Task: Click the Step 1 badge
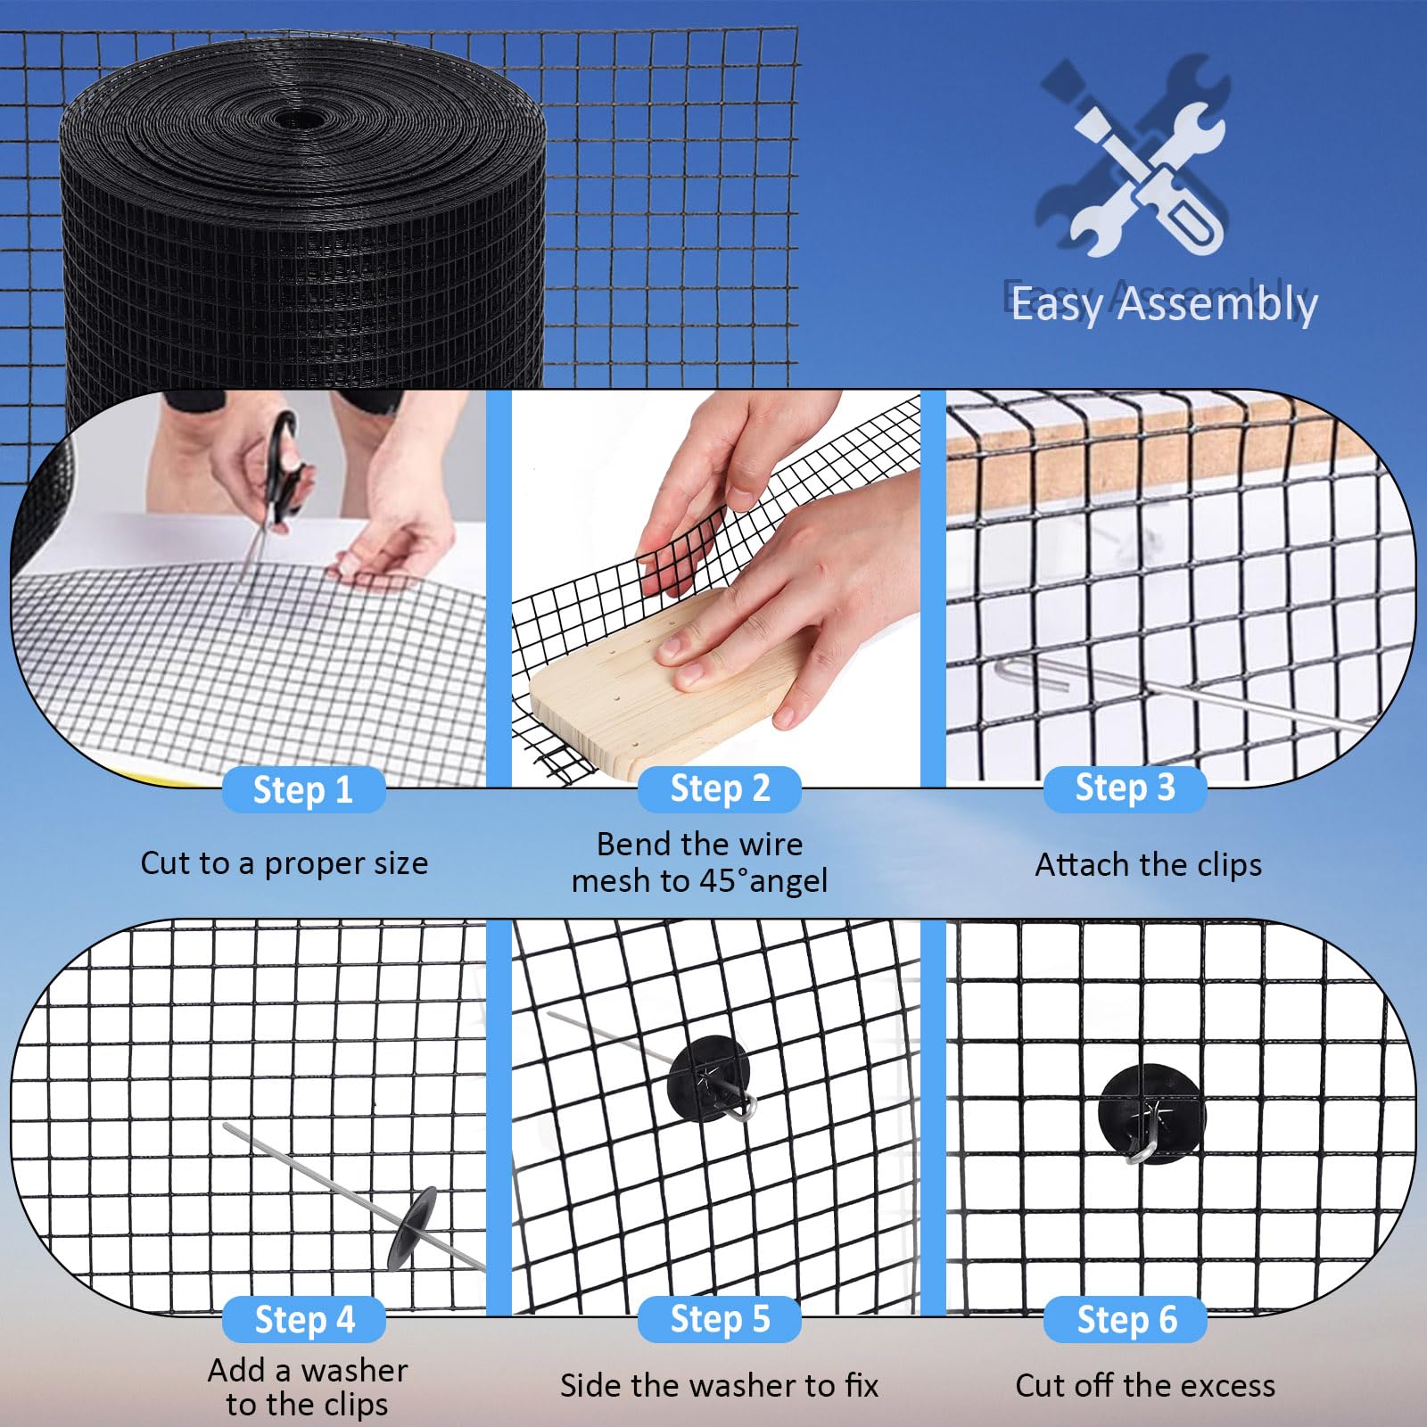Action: [303, 790]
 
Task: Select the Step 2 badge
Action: [720, 788]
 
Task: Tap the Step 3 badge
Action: [1125, 788]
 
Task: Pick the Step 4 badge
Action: [304, 1319]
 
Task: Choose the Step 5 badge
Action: [720, 1318]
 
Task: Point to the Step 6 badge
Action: [1126, 1319]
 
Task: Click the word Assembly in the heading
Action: [1217, 304]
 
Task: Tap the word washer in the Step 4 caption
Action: [355, 1370]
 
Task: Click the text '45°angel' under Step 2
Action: [763, 881]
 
